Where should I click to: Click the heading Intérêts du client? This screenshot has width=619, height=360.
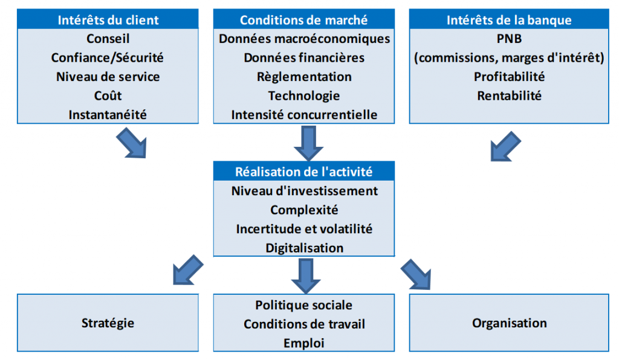108,20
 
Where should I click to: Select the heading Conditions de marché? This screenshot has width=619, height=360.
303,20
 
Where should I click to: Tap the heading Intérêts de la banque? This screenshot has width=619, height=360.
509,20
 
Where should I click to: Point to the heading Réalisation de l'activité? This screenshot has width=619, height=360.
303,172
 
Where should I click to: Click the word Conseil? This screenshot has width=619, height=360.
108,39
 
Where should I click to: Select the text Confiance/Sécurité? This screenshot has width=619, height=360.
108,57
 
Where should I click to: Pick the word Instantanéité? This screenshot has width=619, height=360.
108,114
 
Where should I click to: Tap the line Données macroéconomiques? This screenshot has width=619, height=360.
305,39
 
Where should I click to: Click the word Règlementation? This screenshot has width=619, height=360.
304,77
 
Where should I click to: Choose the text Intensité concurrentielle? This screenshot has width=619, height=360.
304,114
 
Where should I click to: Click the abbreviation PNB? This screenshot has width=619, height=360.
509,39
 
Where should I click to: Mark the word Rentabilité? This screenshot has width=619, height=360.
509,95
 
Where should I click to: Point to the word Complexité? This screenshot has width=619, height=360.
304,210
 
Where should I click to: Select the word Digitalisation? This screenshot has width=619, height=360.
305,248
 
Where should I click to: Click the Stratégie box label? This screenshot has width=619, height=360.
108,323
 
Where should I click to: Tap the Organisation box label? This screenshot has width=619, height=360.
509,323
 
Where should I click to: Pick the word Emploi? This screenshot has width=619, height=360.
303,343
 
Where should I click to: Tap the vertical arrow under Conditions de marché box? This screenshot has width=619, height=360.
308,143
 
